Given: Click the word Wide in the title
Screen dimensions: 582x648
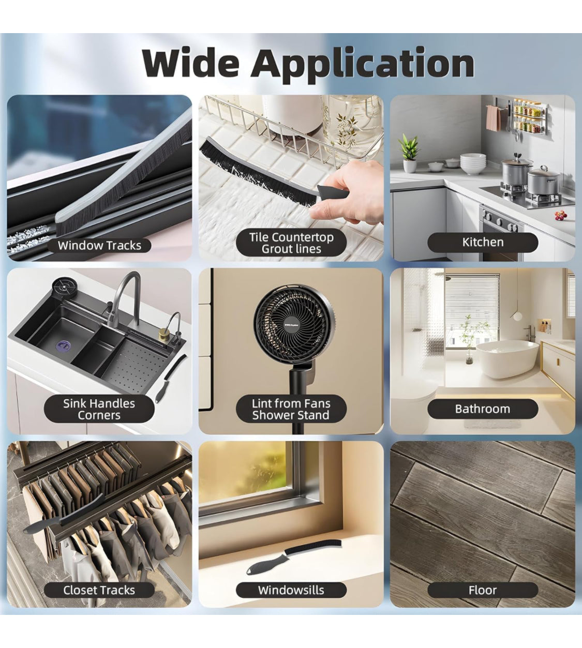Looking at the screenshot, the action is tap(191, 63).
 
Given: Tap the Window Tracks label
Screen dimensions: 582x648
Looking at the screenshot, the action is tap(99, 245).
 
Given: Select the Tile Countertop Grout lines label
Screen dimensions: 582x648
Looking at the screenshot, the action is tap(291, 243).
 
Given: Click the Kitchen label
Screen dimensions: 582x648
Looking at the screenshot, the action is tap(483, 242).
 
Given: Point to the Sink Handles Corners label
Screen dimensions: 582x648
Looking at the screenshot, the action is tap(99, 409).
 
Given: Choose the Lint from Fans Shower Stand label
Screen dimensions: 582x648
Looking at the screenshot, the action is tap(291, 409).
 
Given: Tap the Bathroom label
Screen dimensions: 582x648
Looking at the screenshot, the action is tap(483, 409).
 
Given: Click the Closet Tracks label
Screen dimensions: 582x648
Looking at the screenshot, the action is tap(99, 590).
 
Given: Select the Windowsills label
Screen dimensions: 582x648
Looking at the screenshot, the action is tap(291, 590).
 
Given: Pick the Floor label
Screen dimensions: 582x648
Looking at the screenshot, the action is tap(483, 590).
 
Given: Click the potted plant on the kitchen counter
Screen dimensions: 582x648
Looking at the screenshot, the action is tap(409, 153).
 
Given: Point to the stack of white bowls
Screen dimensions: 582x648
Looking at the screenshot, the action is tap(473, 163).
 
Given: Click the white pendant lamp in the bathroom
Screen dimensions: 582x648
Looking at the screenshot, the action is tap(516, 317).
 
